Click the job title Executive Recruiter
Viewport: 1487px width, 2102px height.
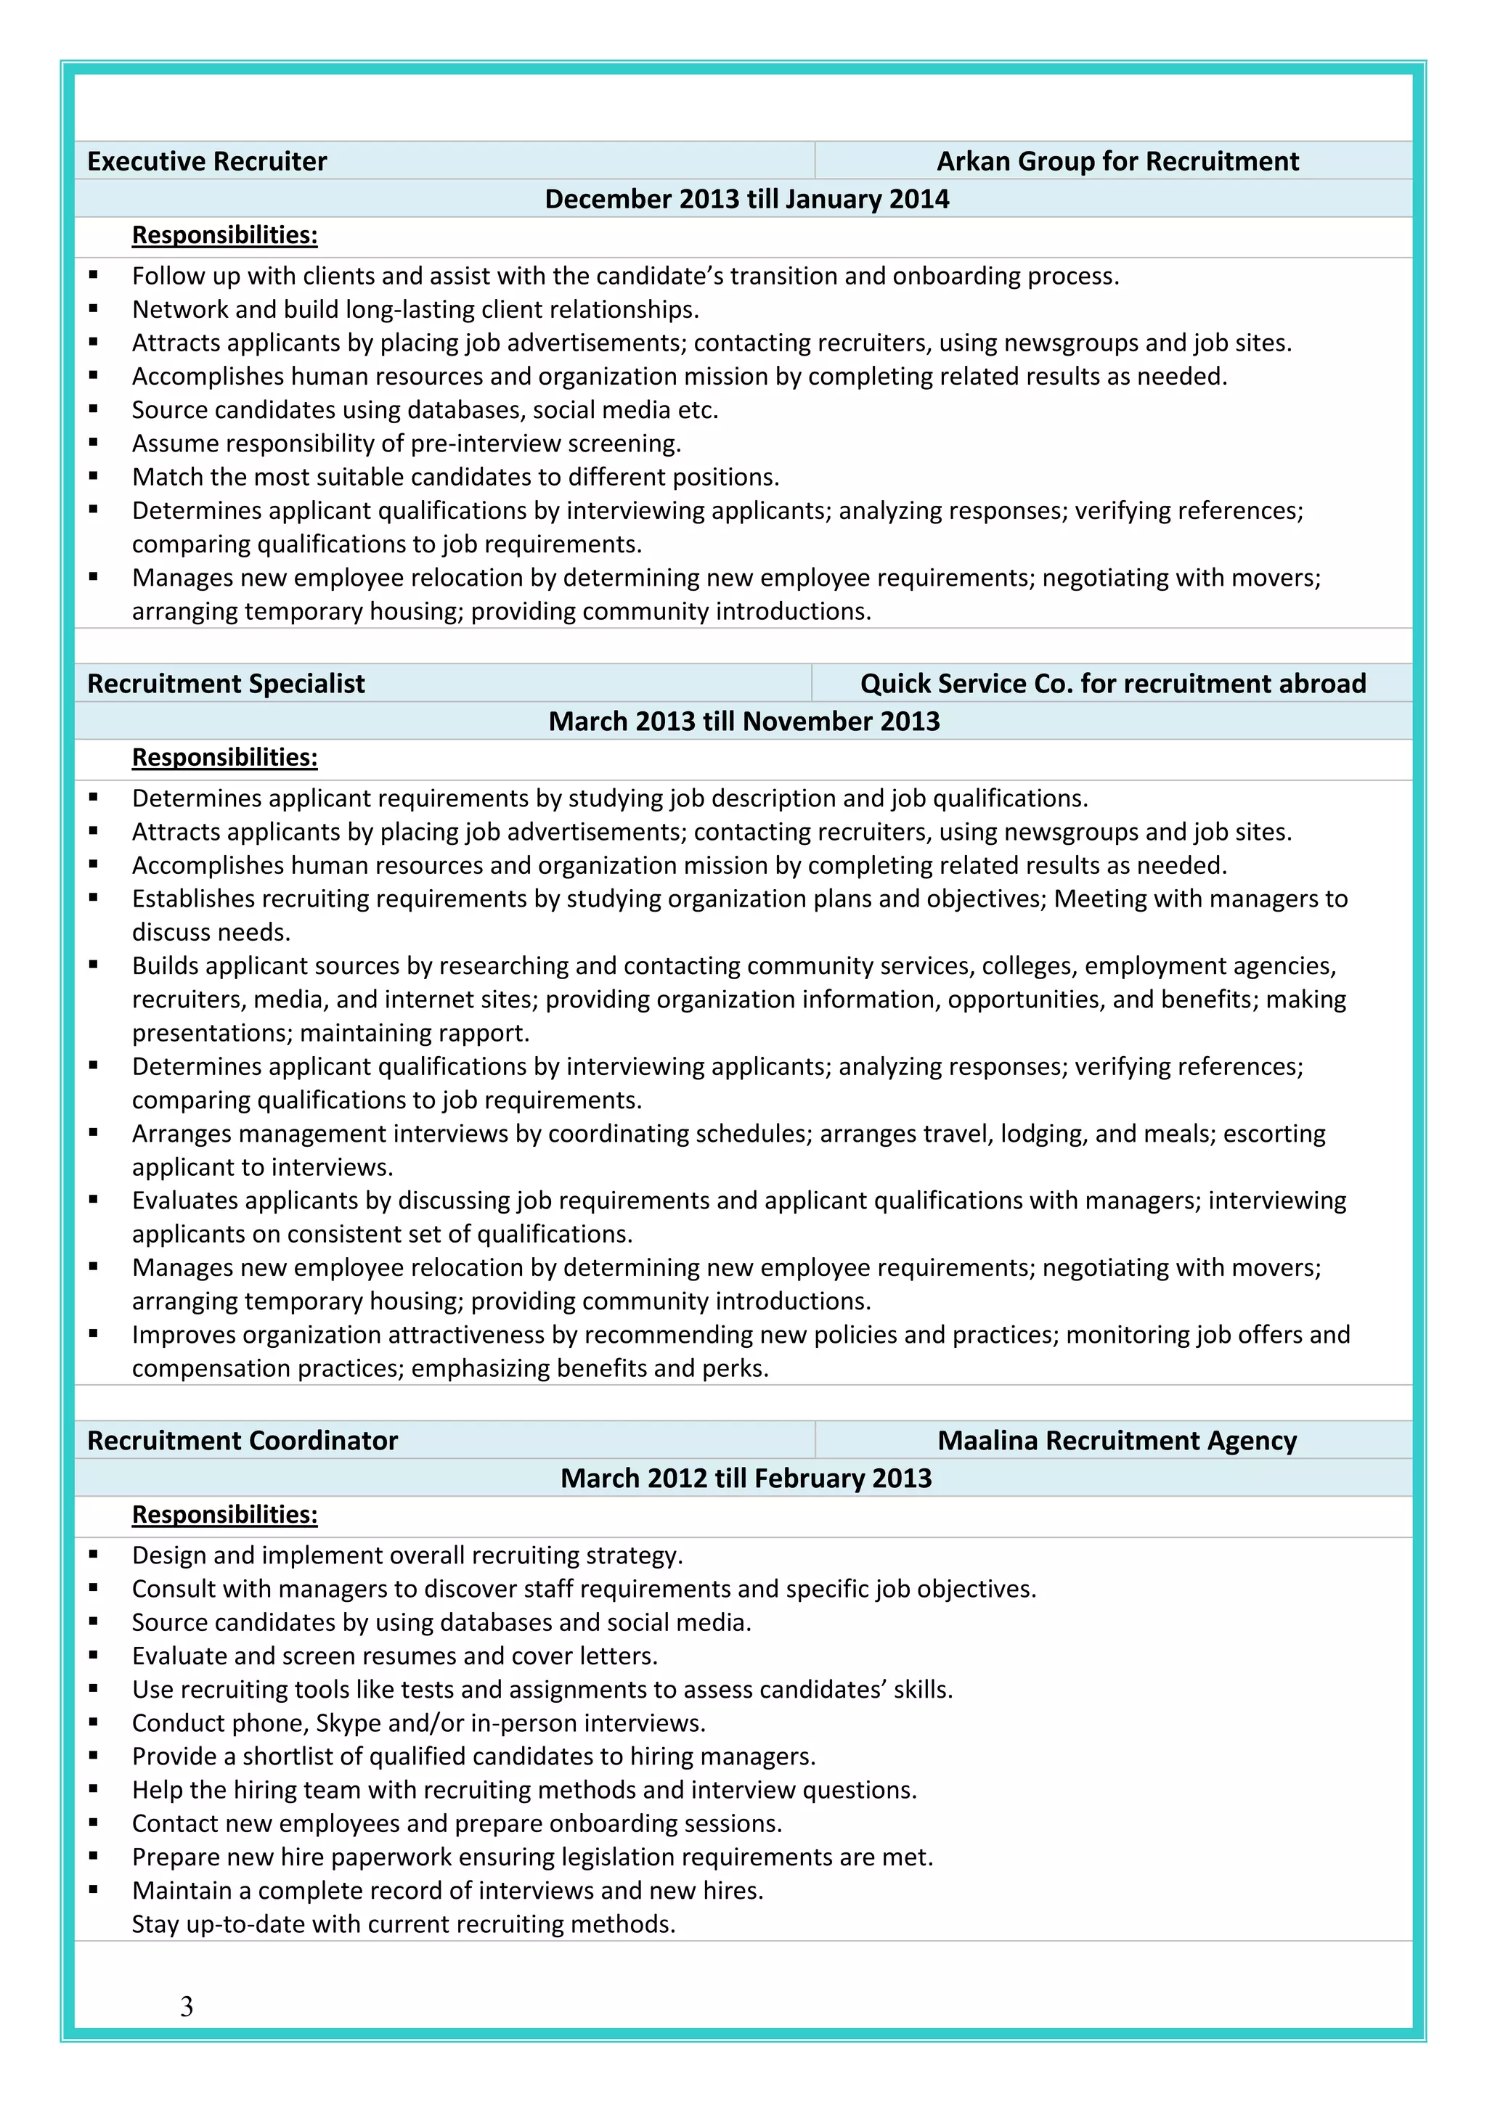pyautogui.click(x=206, y=161)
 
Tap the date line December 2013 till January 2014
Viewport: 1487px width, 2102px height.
pyautogui.click(x=746, y=199)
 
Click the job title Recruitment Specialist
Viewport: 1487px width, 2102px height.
pyautogui.click(x=225, y=683)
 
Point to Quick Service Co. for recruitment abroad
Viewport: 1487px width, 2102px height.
pyautogui.click(x=1112, y=683)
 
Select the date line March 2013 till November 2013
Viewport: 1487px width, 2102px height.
pyautogui.click(x=743, y=721)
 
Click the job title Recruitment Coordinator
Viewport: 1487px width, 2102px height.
pyautogui.click(x=242, y=1440)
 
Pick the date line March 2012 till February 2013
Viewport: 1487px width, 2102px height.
pyautogui.click(x=746, y=1478)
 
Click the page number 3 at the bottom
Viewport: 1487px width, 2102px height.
pyautogui.click(x=187, y=2006)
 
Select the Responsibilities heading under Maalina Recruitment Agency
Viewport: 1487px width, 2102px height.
pyautogui.click(x=224, y=1514)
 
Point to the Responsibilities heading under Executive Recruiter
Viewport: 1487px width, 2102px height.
pyautogui.click(x=224, y=235)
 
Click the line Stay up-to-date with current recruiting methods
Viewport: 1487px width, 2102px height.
pyautogui.click(x=403, y=1923)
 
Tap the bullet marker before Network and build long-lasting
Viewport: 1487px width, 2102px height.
pyautogui.click(x=94, y=308)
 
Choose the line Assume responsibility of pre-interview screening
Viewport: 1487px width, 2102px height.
pyautogui.click(x=406, y=443)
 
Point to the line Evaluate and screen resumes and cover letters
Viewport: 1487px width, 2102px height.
pyautogui.click(x=395, y=1655)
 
